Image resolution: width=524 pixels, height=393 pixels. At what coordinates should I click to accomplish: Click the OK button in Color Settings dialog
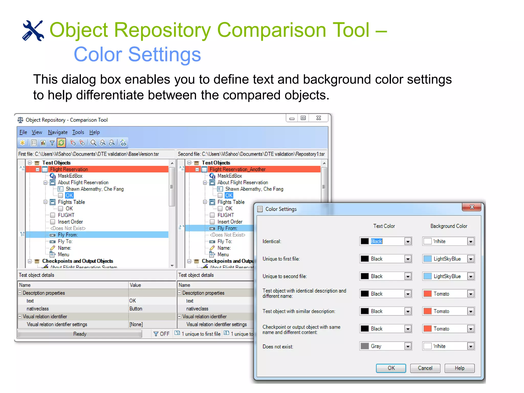pos(391,368)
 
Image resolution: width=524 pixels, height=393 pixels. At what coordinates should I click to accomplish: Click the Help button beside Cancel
pos(459,368)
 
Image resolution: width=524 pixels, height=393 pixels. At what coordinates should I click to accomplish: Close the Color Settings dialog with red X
pos(472,207)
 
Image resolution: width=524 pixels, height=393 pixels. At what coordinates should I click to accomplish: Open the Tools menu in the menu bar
pos(78,132)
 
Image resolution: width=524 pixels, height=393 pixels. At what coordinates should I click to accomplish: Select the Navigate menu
pos(58,132)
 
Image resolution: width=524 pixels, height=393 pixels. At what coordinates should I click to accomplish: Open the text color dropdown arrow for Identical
pos(408,241)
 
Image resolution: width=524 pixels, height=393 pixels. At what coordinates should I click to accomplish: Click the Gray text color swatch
pos(364,346)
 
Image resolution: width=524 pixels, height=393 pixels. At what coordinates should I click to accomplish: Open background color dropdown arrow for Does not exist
pos(471,346)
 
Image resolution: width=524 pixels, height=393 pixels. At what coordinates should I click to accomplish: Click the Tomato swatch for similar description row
pos(427,311)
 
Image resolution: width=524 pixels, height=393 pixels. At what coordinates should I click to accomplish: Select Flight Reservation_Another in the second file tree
pos(237,169)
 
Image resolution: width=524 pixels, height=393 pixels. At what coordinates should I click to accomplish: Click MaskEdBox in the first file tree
pos(70,176)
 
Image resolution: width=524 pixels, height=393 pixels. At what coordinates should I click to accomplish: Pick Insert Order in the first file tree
pos(70,222)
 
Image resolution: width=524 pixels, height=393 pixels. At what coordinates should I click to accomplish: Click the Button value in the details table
pos(136,309)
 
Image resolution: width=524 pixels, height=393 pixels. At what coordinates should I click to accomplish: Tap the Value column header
pos(135,285)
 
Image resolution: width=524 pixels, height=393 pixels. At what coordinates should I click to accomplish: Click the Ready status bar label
pos(80,334)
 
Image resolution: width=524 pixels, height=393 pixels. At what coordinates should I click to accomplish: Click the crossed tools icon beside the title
pos(33,31)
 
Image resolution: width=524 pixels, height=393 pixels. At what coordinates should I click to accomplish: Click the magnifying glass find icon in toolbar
pos(93,143)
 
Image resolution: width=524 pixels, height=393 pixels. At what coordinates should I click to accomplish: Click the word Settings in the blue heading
pos(164,54)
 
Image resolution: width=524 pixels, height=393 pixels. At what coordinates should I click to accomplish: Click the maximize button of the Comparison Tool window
pos(303,118)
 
